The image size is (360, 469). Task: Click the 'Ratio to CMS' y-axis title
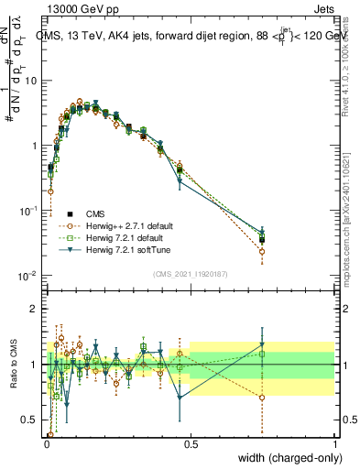pyautogui.click(x=13, y=365)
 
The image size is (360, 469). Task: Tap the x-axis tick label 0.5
pyautogui.click(x=191, y=444)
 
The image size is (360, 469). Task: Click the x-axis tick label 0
pyautogui.click(x=46, y=444)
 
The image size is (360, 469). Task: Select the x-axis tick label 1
pyautogui.click(x=335, y=444)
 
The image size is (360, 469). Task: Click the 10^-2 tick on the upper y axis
pyautogui.click(x=27, y=276)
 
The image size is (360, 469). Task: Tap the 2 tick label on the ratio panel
pyautogui.click(x=34, y=309)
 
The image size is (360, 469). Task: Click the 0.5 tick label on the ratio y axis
pyautogui.click(x=29, y=420)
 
